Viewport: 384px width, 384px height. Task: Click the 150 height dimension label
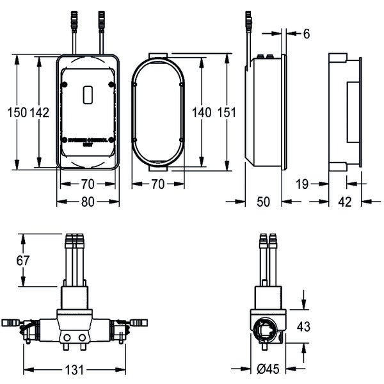17,113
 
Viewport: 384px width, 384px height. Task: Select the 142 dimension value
40,113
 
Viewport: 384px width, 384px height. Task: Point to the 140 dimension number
201,112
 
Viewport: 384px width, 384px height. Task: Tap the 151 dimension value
227,112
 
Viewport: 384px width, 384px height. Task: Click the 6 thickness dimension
307,34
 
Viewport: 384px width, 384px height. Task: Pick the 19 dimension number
303,184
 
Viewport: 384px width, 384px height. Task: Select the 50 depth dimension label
264,202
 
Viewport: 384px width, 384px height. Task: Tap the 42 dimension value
344,202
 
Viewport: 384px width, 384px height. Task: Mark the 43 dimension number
305,326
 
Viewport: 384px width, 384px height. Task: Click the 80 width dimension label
88,202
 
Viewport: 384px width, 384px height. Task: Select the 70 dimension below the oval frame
157,184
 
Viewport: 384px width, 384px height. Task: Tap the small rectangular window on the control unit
88,94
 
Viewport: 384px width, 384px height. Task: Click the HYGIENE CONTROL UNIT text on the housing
88,140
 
